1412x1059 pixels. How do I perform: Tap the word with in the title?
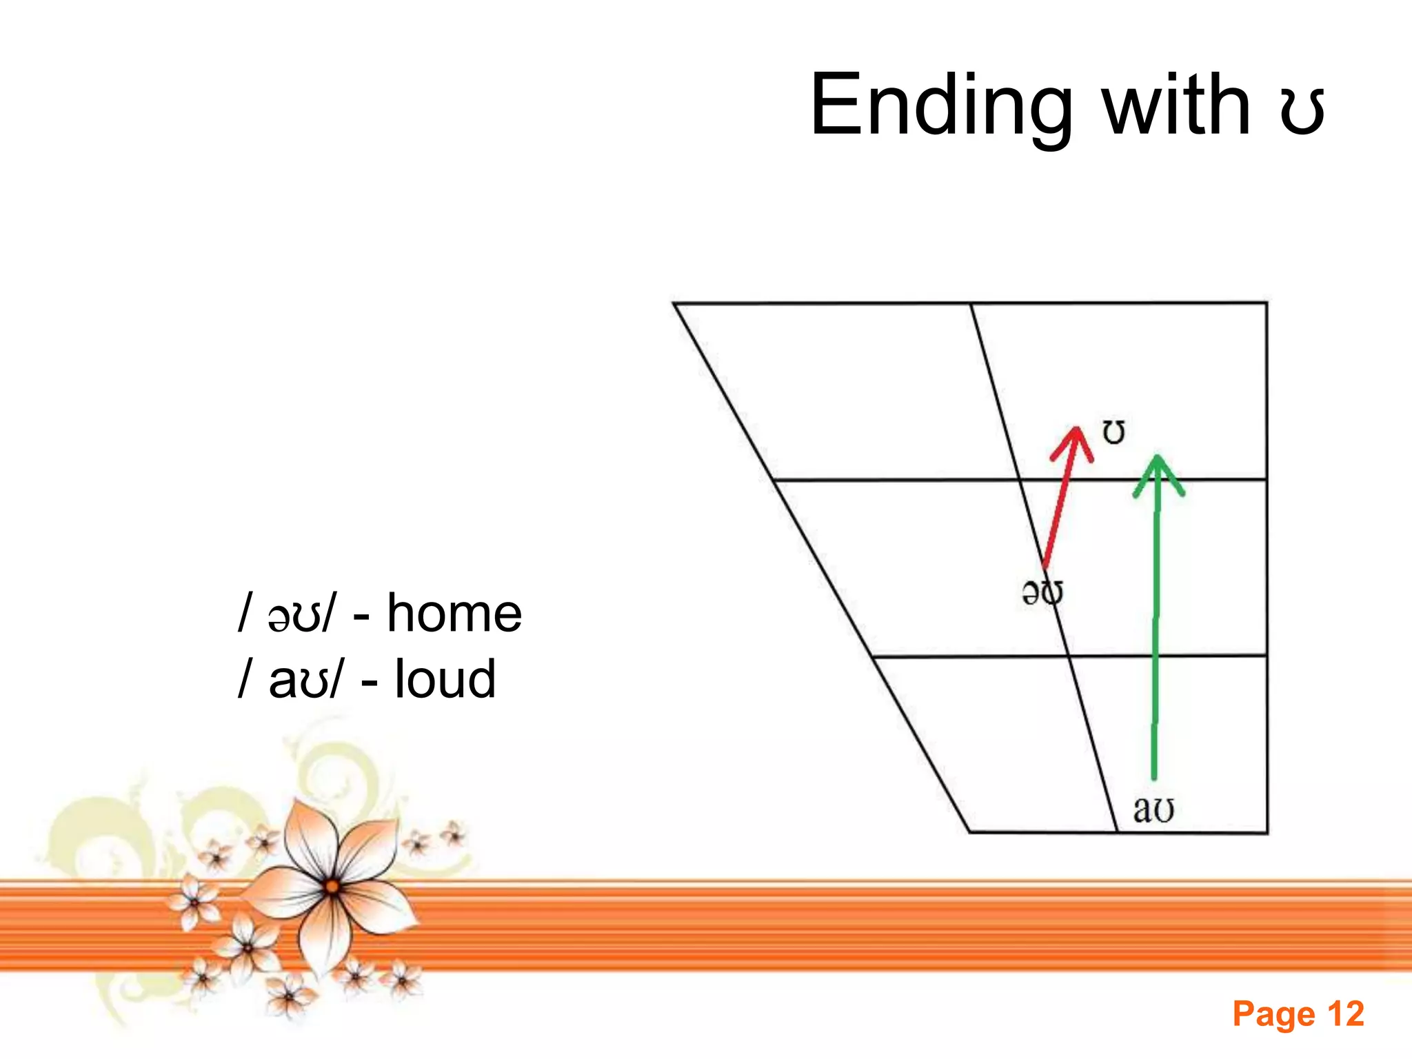[1176, 105]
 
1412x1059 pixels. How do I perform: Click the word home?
[454, 613]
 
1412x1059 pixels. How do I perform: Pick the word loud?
[445, 679]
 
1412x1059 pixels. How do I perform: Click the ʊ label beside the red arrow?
[1113, 432]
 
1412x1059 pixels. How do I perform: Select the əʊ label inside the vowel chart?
[1042, 592]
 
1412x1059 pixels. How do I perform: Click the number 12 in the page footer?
[1345, 1014]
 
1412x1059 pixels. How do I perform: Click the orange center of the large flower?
[332, 887]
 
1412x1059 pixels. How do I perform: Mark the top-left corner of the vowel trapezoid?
[674, 303]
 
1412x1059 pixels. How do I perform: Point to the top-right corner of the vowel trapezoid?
[1267, 303]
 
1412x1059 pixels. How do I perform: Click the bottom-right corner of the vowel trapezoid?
[1267, 832]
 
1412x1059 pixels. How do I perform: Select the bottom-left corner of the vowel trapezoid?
[970, 831]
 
